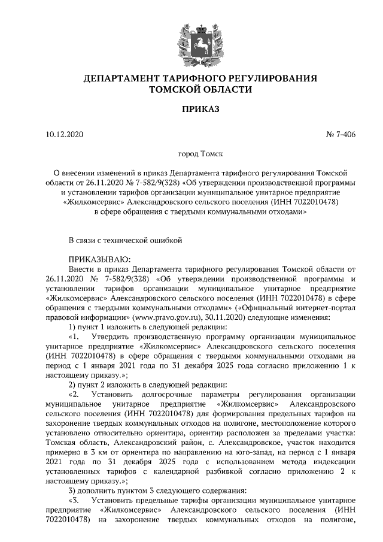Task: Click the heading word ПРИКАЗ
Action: [191, 109]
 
